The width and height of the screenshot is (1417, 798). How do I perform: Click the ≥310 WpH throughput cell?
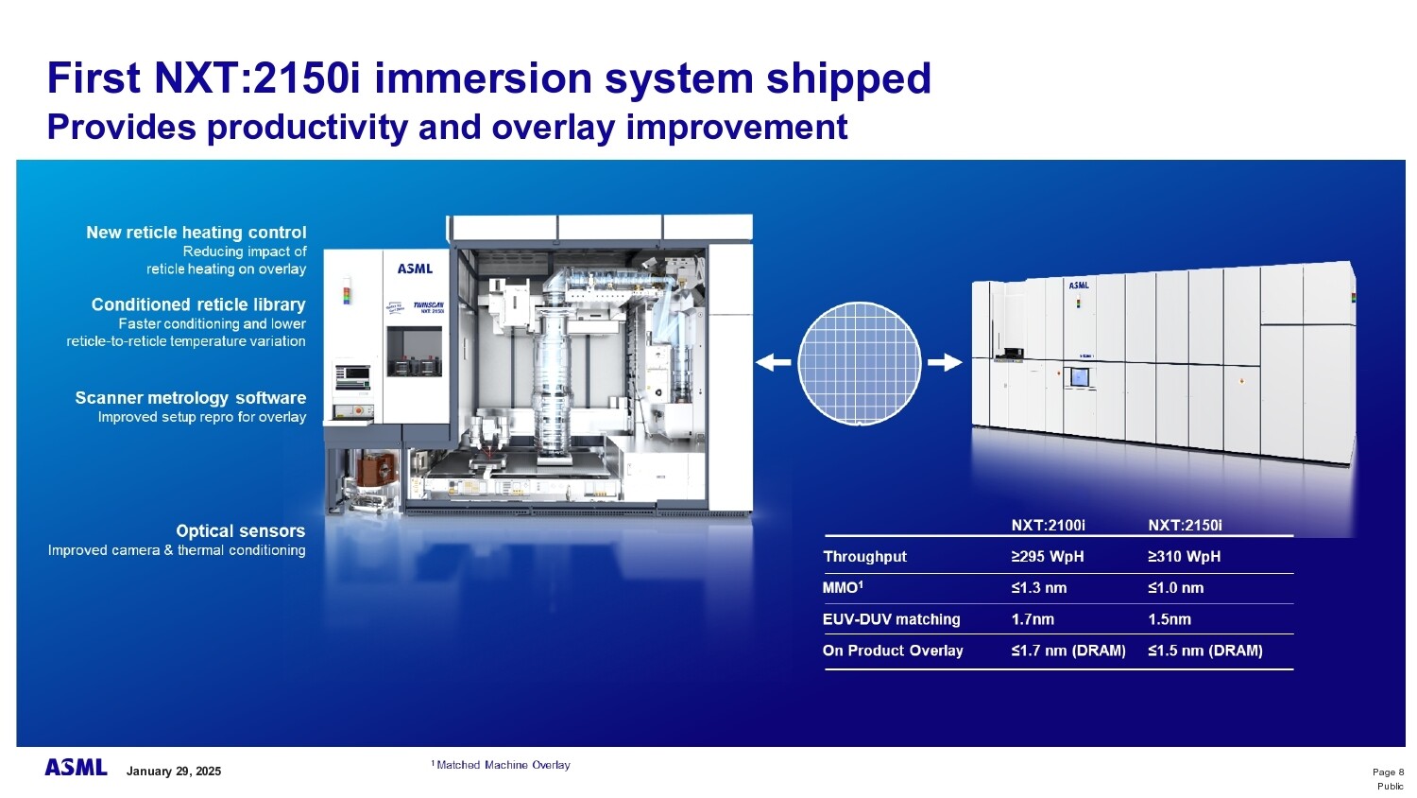point(1184,557)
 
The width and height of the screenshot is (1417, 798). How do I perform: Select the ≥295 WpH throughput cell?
point(1047,557)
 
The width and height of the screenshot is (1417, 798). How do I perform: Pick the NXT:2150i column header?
point(1185,526)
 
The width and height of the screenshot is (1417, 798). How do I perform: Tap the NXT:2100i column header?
point(1048,526)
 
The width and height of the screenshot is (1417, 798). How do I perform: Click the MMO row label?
point(843,588)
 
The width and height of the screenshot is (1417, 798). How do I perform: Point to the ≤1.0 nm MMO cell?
point(1175,588)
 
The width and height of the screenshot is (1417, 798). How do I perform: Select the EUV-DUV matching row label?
point(891,619)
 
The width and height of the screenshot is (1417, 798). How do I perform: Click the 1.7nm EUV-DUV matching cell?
point(1033,619)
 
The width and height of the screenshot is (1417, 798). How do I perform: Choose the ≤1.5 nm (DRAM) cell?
point(1204,651)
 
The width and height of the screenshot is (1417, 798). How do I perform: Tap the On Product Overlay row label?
point(893,651)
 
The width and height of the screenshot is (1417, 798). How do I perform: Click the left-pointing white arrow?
point(773,362)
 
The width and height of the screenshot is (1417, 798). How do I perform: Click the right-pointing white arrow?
point(945,362)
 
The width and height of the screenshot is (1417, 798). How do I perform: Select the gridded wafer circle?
point(859,364)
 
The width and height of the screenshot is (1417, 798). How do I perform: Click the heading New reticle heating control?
point(196,233)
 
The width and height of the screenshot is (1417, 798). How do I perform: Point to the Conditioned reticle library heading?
point(198,304)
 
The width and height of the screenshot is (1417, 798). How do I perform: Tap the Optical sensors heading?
point(240,531)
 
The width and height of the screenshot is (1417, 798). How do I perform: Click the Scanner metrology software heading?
point(190,398)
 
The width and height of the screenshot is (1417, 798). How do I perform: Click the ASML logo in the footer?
point(76,768)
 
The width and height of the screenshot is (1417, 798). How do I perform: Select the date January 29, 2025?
point(174,772)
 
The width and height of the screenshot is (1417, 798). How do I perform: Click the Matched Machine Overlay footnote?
point(502,765)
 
